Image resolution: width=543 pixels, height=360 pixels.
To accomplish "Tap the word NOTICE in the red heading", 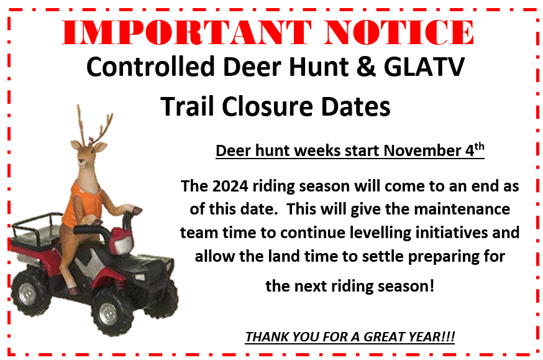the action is coord(399,32).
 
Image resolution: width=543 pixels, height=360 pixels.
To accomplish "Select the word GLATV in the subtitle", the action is coord(424,67).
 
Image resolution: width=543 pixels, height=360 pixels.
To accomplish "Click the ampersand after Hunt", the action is coord(366,67).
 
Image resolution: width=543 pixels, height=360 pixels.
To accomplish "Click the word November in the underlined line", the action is coord(422,150).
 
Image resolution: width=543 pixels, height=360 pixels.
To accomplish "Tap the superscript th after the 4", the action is coord(479,146).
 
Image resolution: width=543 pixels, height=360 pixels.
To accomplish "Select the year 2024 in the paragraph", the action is coord(230,186).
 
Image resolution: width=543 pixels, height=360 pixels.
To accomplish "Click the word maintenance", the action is coord(462,210).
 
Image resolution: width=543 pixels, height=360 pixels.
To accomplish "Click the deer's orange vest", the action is coord(83,205).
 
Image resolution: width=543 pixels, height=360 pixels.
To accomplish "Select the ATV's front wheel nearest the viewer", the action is coord(111,312).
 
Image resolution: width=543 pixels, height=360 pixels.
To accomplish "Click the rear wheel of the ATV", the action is coord(29,293).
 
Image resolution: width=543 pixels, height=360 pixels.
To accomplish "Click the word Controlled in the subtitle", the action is coord(150,67).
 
